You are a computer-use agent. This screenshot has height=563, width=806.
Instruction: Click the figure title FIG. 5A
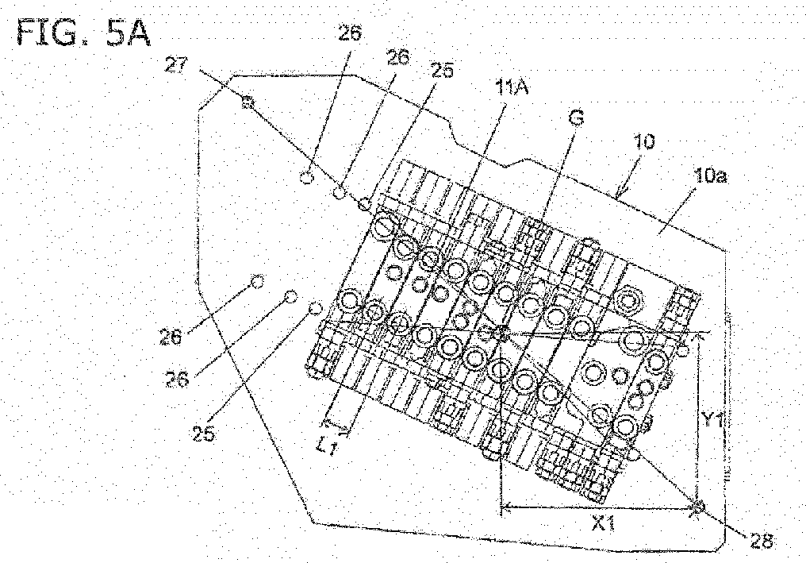pyautogui.click(x=84, y=33)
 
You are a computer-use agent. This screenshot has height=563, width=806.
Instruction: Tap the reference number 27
pyautogui.click(x=176, y=66)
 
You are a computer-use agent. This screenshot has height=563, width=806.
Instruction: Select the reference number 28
pyautogui.click(x=762, y=541)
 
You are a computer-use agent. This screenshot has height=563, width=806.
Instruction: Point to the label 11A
pyautogui.click(x=511, y=88)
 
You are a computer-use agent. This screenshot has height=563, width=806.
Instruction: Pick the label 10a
pyautogui.click(x=709, y=176)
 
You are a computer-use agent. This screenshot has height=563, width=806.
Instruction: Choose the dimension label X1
pyautogui.click(x=604, y=524)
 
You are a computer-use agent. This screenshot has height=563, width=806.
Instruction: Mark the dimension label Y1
pyautogui.click(x=713, y=421)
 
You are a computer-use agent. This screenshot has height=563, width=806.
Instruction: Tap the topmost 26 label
pyautogui.click(x=350, y=33)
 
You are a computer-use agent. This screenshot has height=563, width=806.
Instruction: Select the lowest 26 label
pyautogui.click(x=178, y=380)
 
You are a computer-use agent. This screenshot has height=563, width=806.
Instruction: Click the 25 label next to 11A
pyautogui.click(x=442, y=71)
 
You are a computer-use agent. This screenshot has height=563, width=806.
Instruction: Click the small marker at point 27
pyautogui.click(x=248, y=101)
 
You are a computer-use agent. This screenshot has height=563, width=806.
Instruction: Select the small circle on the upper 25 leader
pyautogui.click(x=364, y=203)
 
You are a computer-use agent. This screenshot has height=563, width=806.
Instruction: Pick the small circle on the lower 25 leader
pyautogui.click(x=316, y=309)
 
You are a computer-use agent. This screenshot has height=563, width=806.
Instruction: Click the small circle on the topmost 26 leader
pyautogui.click(x=306, y=178)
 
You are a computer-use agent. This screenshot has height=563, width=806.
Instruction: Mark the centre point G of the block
pyautogui.click(x=500, y=334)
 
